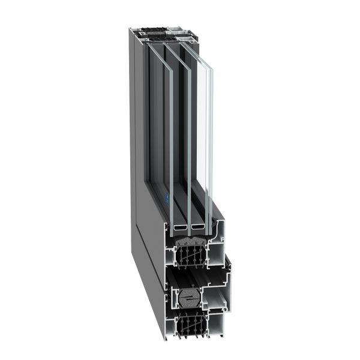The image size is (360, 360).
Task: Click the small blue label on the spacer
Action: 167,196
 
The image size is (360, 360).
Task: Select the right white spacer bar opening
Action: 197,229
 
